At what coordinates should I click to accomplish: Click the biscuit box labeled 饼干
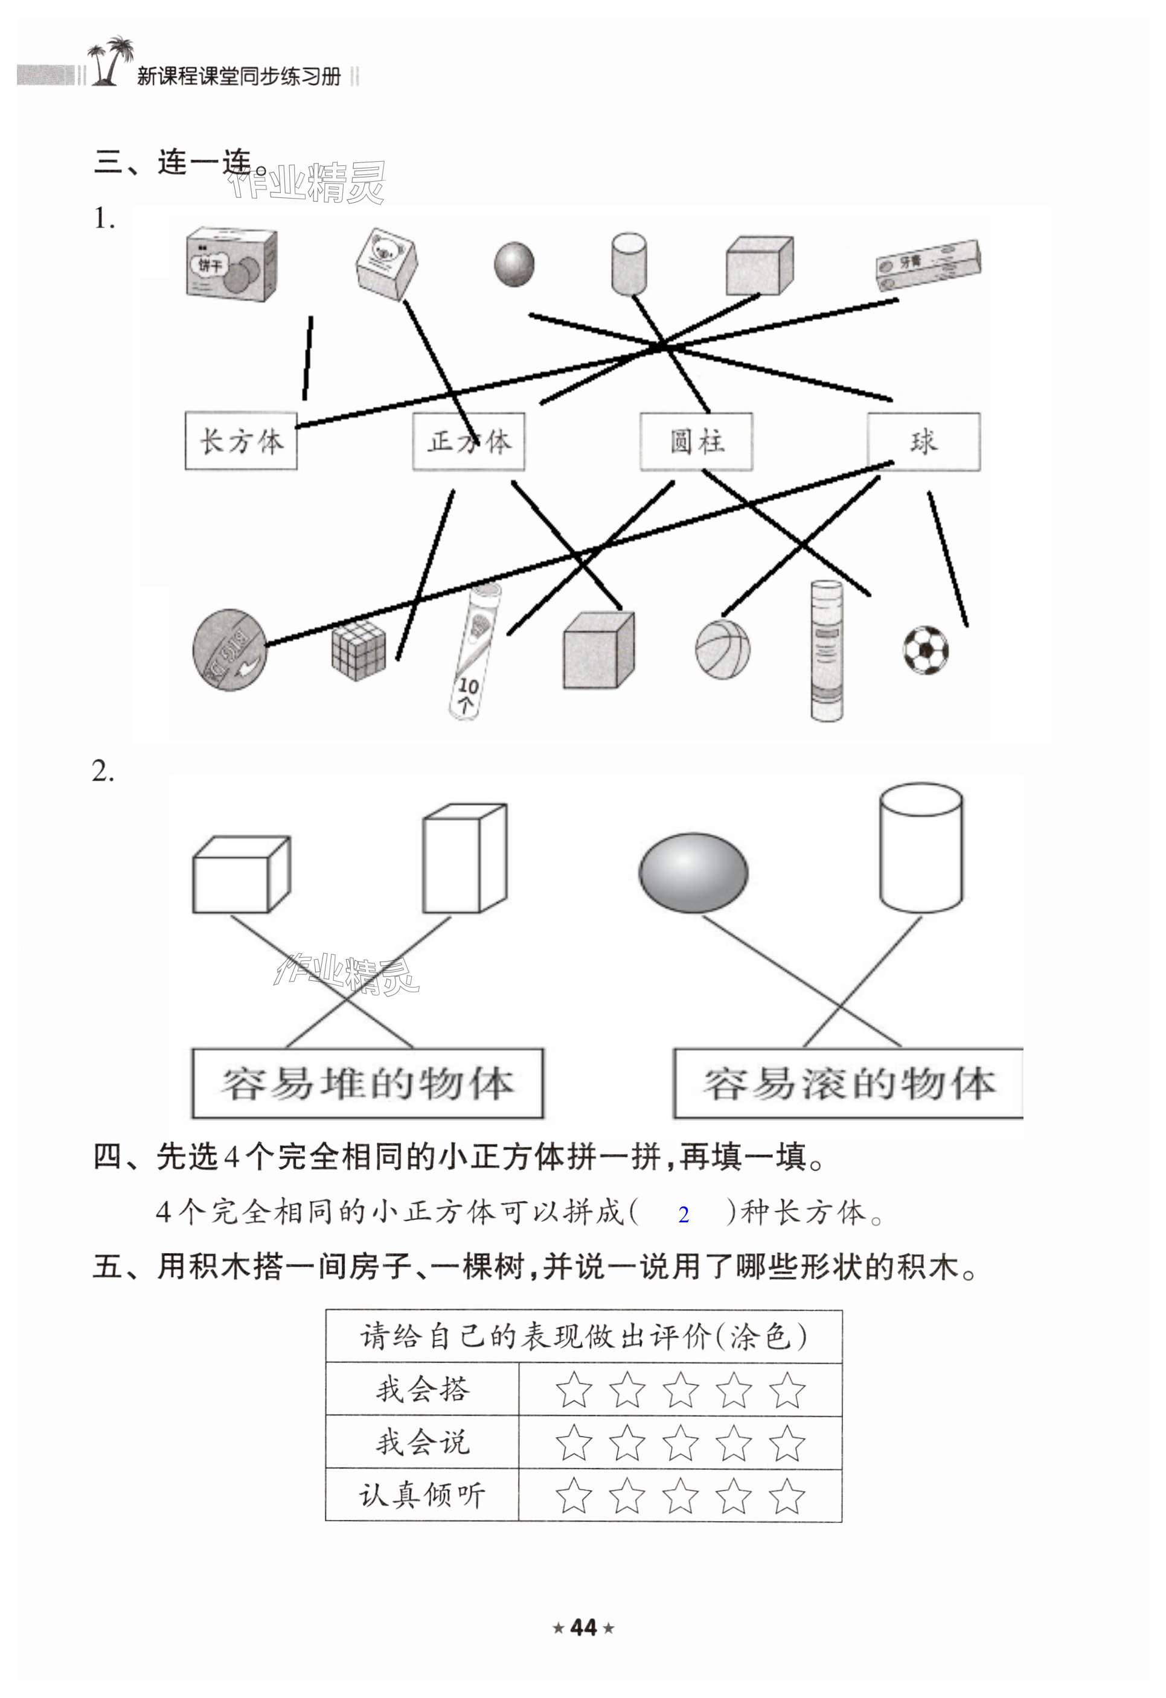[x=231, y=264]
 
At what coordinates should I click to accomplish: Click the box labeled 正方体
[x=469, y=441]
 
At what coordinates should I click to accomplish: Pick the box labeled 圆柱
[x=696, y=441]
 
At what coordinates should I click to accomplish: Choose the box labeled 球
[x=923, y=441]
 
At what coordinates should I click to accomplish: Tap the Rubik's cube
[x=357, y=650]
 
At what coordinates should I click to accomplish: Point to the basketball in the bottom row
[x=722, y=649]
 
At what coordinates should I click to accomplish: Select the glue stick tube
[x=827, y=650]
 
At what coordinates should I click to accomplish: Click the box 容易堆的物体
[x=367, y=1084]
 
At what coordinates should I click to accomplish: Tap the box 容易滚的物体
[x=848, y=1084]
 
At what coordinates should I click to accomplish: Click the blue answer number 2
[x=684, y=1215]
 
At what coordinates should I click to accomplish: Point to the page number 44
[x=583, y=1628]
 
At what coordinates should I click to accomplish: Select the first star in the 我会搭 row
[x=574, y=1390]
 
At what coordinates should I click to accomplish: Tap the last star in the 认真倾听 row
[x=787, y=1496]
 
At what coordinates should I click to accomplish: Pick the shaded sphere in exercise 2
[x=693, y=872]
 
